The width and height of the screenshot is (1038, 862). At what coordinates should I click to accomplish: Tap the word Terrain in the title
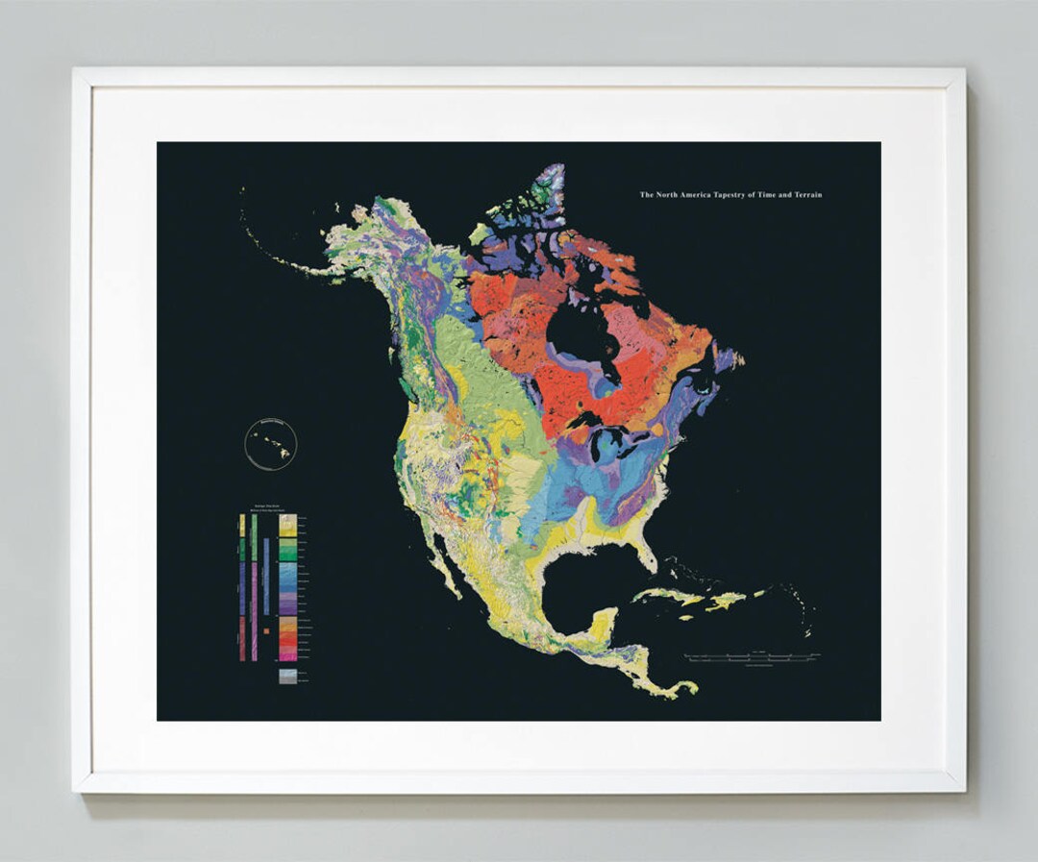(805, 195)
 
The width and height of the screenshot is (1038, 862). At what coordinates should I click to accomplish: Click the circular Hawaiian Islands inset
(271, 445)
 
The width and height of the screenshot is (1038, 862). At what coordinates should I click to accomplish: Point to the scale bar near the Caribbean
(752, 657)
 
